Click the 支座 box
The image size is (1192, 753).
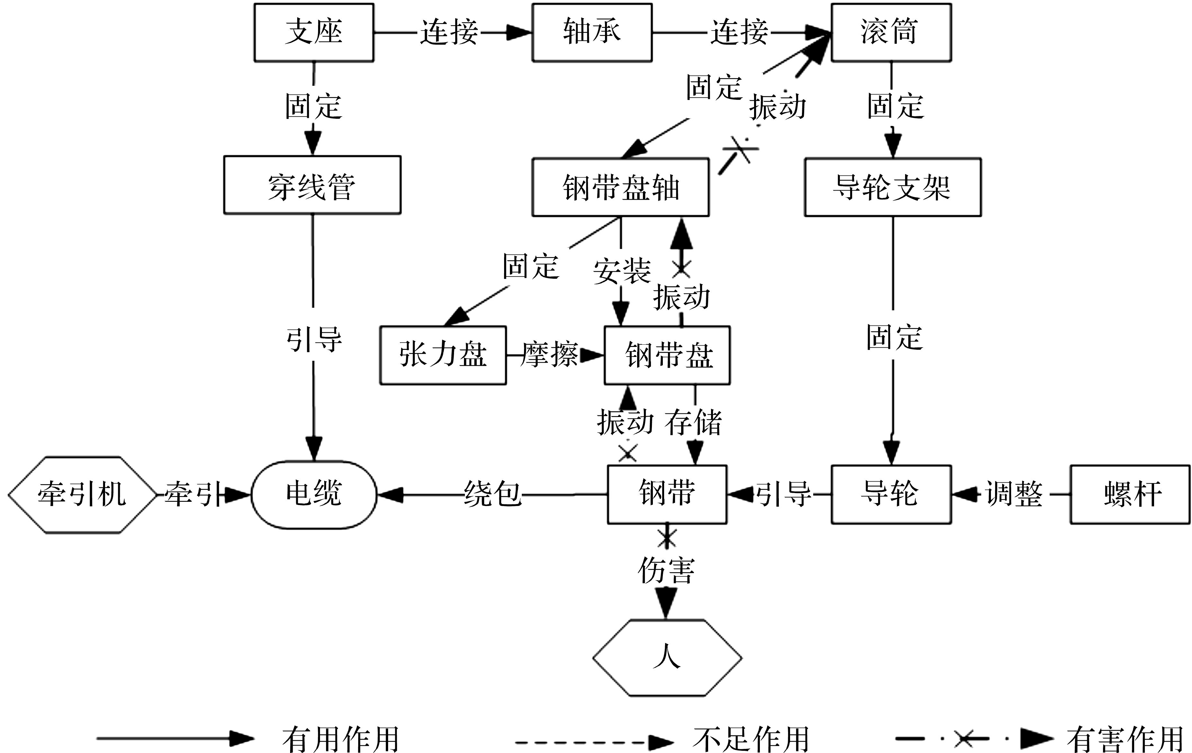click(x=314, y=33)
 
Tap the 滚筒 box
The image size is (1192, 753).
click(x=891, y=33)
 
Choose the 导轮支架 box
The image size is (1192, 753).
click(x=893, y=188)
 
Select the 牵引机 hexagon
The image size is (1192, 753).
click(x=82, y=495)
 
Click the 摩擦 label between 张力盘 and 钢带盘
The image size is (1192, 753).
click(x=549, y=354)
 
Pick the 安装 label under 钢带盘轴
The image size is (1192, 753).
click(x=622, y=271)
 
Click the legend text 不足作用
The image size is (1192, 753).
click(x=751, y=740)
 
